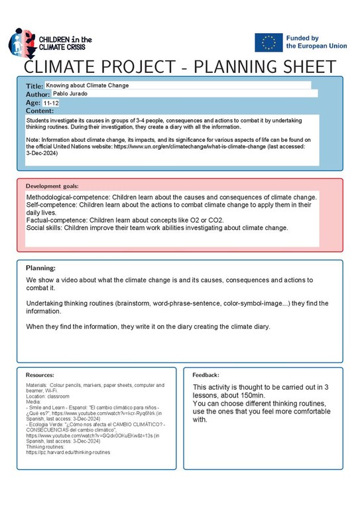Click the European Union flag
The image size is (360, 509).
[x=268, y=42]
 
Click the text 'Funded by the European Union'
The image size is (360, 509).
[x=316, y=42]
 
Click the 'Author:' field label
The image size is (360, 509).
[x=38, y=95]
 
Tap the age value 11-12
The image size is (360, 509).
[x=51, y=103]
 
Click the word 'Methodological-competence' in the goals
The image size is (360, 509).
[x=67, y=198]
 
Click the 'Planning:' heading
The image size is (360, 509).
[x=40, y=268]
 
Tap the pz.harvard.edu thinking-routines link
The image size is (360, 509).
[x=68, y=452]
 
